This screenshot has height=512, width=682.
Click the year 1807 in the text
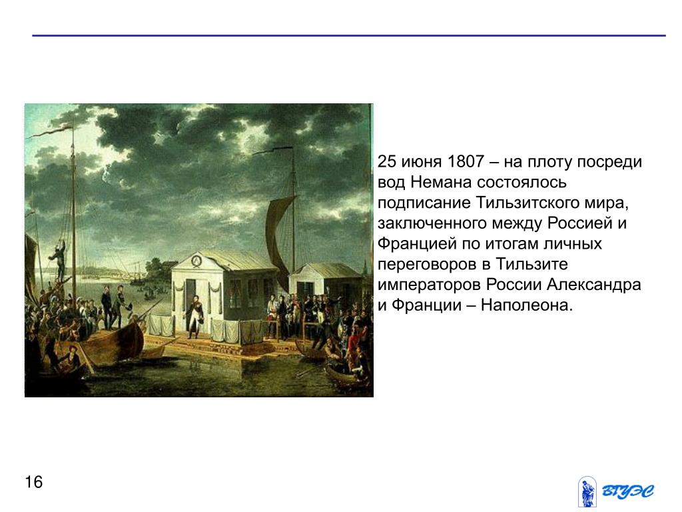pos(466,161)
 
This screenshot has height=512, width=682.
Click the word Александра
pos(593,285)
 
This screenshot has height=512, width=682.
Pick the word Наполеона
pos(527,305)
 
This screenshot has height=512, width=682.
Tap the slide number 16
pos(33,483)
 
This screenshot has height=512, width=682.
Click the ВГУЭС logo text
pos(628,491)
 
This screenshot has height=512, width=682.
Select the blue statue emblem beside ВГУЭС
pos(587,492)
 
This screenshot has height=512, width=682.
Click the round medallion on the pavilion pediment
pos(196,261)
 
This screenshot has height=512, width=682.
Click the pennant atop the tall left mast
pos(50,131)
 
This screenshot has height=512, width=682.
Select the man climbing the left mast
pos(59,261)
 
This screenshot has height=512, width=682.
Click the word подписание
pos(424,203)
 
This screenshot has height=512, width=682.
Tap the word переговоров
pos(429,264)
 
